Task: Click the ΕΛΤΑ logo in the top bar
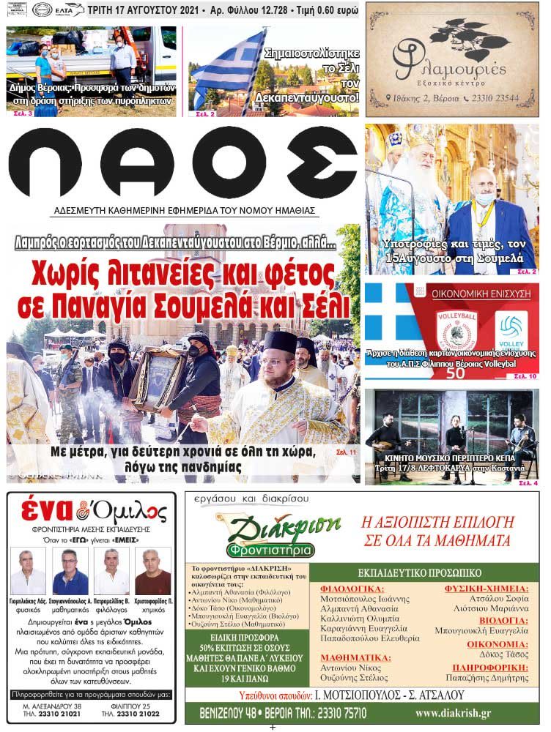coord(67,11)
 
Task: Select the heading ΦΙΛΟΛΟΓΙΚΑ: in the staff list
coord(352,589)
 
